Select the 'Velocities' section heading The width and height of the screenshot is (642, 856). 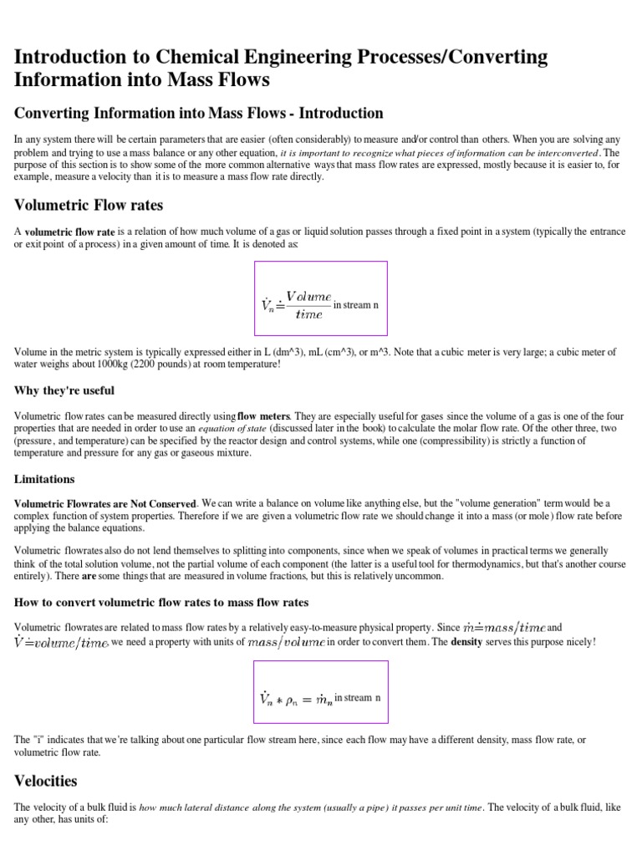pos(46,781)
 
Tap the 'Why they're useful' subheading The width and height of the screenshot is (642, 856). pos(64,390)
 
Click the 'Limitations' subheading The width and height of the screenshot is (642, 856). pos(44,479)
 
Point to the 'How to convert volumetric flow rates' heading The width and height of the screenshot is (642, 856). pos(161,602)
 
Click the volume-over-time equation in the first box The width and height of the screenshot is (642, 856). pos(297,305)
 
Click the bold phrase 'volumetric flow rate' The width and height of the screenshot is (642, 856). pos(70,232)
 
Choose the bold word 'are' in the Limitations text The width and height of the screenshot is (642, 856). pos(89,577)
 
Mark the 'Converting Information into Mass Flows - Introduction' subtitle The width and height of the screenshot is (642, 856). pos(199,113)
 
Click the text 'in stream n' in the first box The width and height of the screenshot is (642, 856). pos(356,305)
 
